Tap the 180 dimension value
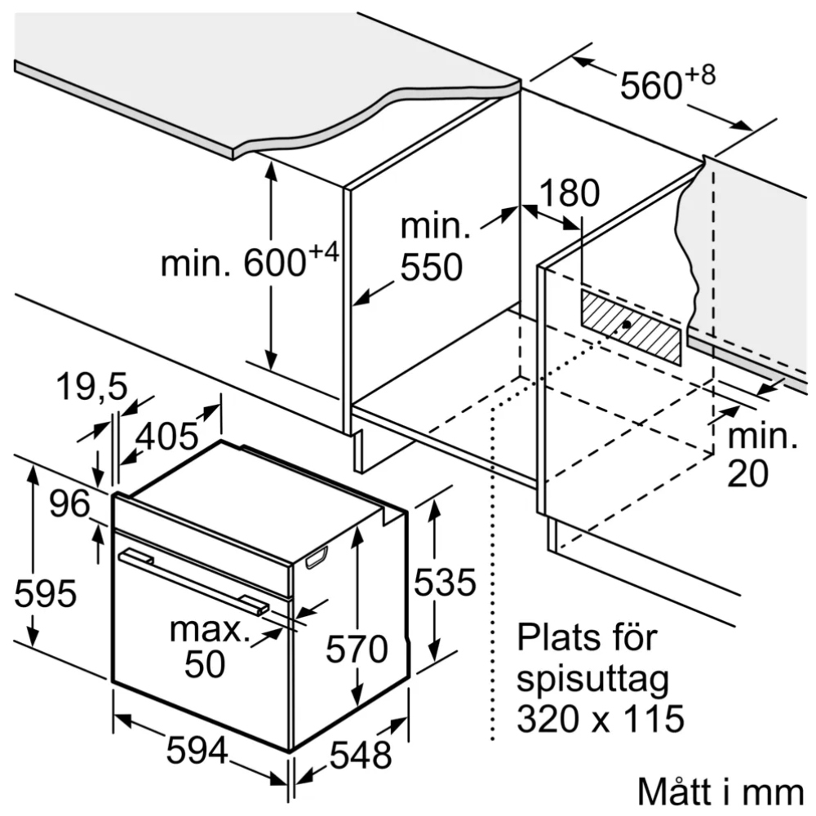point(568,193)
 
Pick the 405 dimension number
point(166,437)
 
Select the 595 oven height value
point(46,593)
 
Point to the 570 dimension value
point(357,650)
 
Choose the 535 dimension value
point(444,583)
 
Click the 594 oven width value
point(197,751)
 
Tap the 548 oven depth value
point(359,756)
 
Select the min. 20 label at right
point(761,456)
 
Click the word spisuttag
point(593,680)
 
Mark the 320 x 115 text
point(600,719)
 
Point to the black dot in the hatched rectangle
point(625,325)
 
